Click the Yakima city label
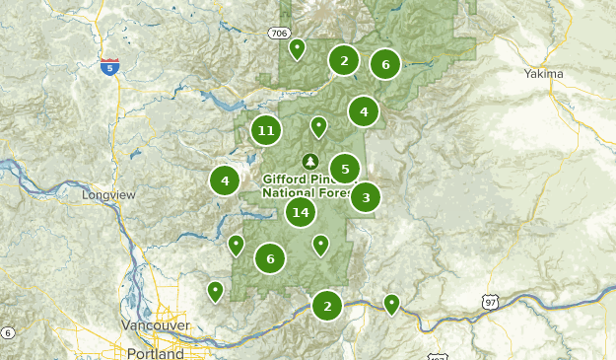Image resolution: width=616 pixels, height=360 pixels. (x=544, y=74)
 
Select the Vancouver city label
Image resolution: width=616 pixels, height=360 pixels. (x=155, y=324)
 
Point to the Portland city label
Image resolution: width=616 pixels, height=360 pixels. (x=155, y=352)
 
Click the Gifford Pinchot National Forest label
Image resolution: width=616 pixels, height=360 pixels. (x=309, y=186)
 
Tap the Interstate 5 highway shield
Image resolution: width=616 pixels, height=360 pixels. (x=109, y=67)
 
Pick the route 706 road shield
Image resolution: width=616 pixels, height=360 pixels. (x=278, y=34)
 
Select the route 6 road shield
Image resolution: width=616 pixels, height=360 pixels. (x=6, y=332)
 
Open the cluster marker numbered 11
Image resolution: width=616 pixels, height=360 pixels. (x=265, y=130)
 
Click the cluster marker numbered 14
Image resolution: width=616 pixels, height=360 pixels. (x=301, y=212)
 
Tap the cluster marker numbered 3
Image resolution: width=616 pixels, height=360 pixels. (x=366, y=197)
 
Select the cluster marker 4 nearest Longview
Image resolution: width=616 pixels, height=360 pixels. (x=225, y=180)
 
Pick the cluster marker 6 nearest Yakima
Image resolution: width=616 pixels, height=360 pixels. (x=385, y=65)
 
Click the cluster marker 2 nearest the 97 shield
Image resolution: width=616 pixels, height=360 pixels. (x=327, y=306)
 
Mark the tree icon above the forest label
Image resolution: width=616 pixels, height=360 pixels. (x=310, y=161)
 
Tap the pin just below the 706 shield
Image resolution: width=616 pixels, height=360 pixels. (x=297, y=47)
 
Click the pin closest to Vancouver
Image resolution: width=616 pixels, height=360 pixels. (x=215, y=290)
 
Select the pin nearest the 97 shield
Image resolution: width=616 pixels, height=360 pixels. (x=392, y=303)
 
